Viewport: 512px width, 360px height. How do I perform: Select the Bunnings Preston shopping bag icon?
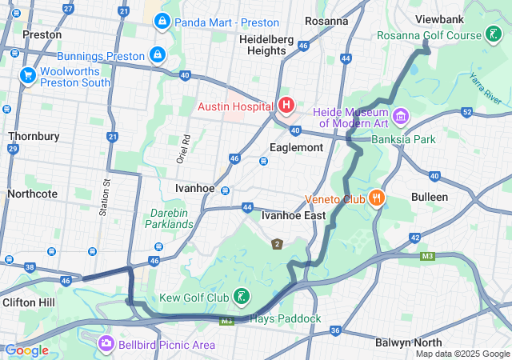pyautogui.click(x=158, y=55)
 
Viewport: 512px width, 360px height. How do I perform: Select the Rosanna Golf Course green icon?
pyautogui.click(x=496, y=35)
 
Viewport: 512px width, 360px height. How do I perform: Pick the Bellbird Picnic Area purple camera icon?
pyautogui.click(x=106, y=344)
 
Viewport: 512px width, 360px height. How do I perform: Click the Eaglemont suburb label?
pyautogui.click(x=296, y=148)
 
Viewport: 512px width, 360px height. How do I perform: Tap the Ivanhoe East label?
pyautogui.click(x=294, y=215)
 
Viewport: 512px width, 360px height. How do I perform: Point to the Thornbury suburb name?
pyautogui.click(x=34, y=136)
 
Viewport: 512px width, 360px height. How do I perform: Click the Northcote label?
pyautogui.click(x=32, y=194)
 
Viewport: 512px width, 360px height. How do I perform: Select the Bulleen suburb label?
pyautogui.click(x=430, y=197)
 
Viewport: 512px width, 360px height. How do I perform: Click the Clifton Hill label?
pyautogui.click(x=29, y=302)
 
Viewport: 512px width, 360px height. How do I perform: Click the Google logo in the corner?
pyautogui.click(x=26, y=350)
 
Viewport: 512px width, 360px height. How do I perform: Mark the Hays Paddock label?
pyautogui.click(x=286, y=319)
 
